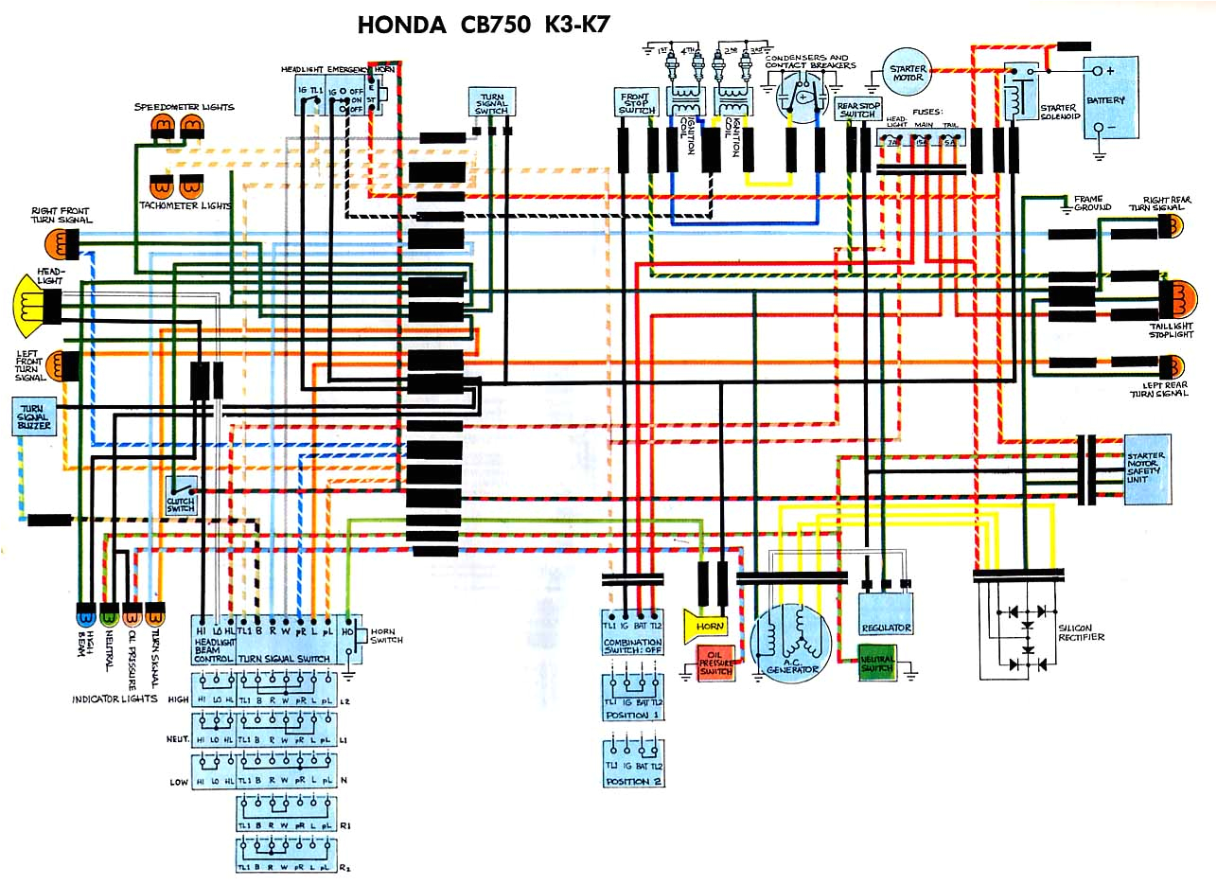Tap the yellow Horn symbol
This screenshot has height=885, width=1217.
pyautogui.click(x=707, y=626)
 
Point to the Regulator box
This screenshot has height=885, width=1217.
pyautogui.click(x=886, y=614)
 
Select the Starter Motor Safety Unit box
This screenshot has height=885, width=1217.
pyautogui.click(x=1147, y=469)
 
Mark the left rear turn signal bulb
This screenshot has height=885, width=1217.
pyautogui.click(x=1171, y=365)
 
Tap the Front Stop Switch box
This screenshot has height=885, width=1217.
pyautogui.click(x=637, y=103)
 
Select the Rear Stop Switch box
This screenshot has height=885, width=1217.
pyautogui.click(x=857, y=109)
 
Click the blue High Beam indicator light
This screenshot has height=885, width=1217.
pyautogui.click(x=85, y=616)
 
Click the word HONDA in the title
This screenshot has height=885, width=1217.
pyautogui.click(x=401, y=25)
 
